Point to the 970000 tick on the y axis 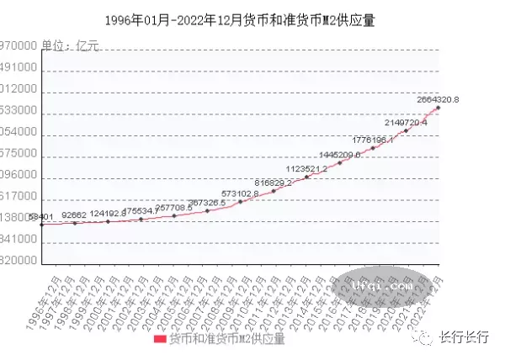tap(19, 46)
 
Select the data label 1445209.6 tap(340, 155)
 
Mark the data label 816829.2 tap(274, 183)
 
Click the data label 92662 tap(75, 215)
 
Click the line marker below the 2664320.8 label tap(439, 108)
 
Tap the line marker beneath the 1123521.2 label tap(307, 177)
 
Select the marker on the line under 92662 tap(75, 223)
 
